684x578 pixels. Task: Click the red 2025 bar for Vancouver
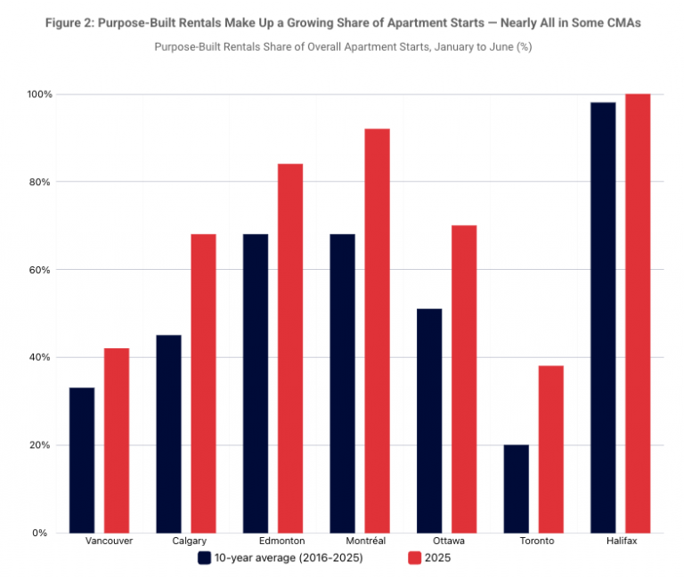(117, 440)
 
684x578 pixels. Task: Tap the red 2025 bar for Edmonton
(290, 348)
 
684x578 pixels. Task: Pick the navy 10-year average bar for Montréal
(342, 383)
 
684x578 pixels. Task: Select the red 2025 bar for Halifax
(638, 313)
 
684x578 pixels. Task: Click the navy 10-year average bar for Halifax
(603, 317)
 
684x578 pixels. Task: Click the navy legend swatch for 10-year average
(204, 558)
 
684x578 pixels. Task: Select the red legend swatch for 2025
(413, 558)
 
